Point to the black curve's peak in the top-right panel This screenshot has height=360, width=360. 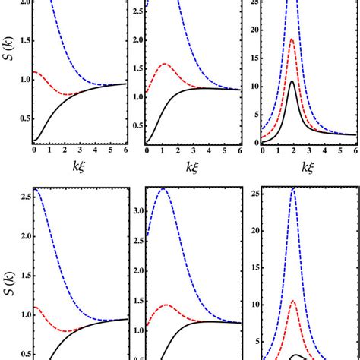(292, 81)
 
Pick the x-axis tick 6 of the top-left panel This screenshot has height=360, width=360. (114, 150)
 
